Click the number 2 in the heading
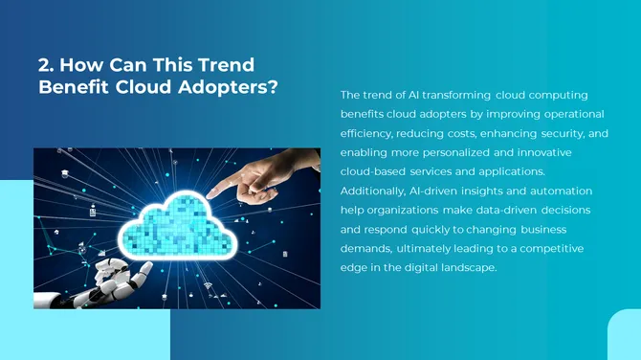(x=43, y=66)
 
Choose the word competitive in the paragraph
(x=550, y=248)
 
